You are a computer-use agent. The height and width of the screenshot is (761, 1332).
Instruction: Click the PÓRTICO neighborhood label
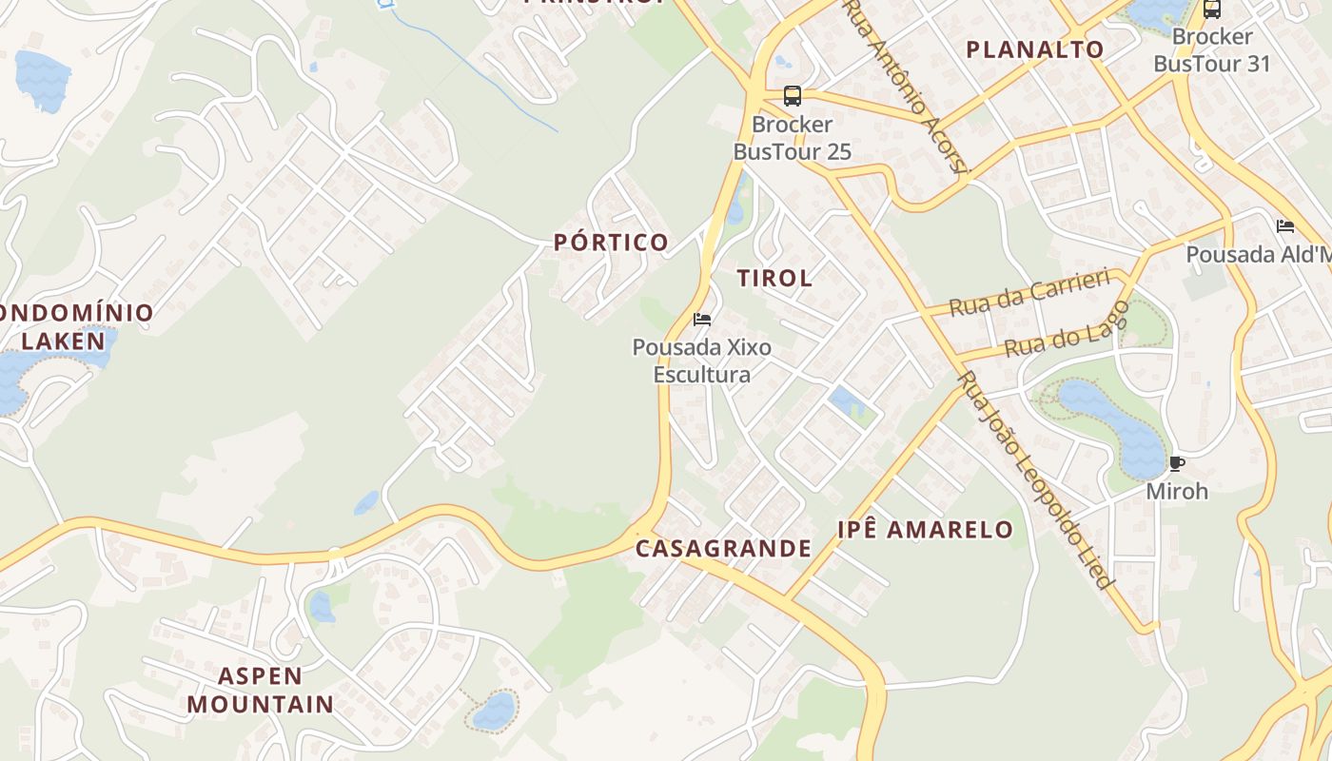tap(611, 243)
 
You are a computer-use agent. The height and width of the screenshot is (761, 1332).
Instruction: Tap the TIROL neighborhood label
tap(774, 278)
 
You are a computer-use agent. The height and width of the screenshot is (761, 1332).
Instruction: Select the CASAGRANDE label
tap(723, 549)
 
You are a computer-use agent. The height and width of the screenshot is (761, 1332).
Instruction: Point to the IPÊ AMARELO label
tap(925, 530)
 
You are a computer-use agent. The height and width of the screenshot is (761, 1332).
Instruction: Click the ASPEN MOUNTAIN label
tap(260, 691)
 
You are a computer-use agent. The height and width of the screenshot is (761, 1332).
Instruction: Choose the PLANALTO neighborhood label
tap(1035, 49)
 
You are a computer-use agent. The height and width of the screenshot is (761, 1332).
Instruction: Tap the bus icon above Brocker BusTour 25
tap(792, 95)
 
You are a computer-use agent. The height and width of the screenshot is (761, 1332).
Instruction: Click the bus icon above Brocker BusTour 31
tap(1211, 10)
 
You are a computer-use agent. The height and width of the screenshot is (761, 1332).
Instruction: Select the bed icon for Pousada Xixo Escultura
tap(702, 320)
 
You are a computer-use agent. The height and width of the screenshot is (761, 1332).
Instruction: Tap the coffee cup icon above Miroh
tap(1177, 464)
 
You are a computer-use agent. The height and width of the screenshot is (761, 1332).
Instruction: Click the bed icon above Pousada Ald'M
tap(1285, 226)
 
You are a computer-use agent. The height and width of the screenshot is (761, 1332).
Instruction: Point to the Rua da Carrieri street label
tap(1030, 293)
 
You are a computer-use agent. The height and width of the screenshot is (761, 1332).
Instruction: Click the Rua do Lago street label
tap(1067, 329)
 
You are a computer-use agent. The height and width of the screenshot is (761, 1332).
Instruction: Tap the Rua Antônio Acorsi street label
tap(906, 87)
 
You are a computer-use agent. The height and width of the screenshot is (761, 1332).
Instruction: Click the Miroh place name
tap(1177, 491)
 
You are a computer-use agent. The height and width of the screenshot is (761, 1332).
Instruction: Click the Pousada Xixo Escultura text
tap(702, 361)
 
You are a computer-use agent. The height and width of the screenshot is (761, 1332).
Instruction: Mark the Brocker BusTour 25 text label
tap(792, 138)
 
